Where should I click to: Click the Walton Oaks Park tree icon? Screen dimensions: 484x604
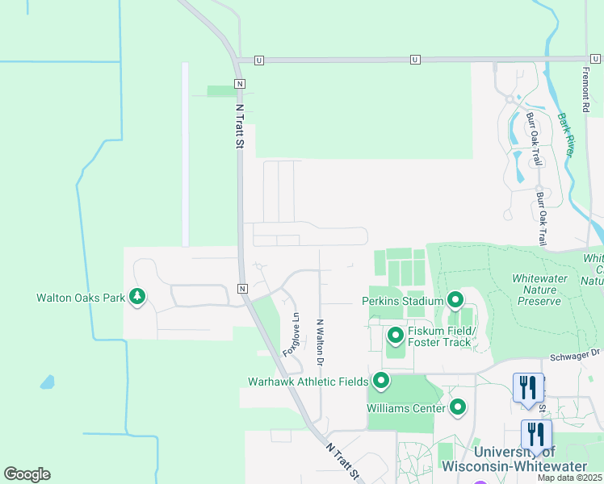pos(138,297)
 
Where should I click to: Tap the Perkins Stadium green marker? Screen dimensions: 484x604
pos(455,301)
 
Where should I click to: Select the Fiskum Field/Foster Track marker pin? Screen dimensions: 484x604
pos(396,335)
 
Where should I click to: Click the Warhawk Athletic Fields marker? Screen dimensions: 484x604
pos(380,380)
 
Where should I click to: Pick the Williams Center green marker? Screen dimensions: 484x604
pos(458,407)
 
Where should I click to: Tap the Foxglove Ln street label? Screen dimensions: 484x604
pos(291,335)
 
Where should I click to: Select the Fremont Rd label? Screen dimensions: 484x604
pos(586,88)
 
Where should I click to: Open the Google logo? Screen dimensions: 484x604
pos(27,474)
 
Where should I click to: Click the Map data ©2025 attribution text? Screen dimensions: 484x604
pos(569,478)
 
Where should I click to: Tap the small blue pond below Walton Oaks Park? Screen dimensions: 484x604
pos(48,382)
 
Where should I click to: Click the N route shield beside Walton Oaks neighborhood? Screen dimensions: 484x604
pos(241,288)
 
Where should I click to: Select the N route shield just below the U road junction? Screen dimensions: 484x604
pos(239,84)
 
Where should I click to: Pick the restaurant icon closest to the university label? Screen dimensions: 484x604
pos(536,434)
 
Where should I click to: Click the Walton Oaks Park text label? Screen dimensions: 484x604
pos(81,298)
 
